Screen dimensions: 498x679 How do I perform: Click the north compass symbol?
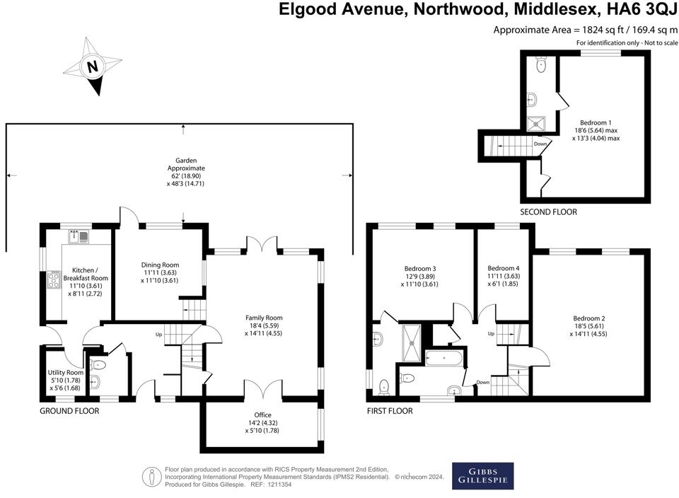coord(91,67)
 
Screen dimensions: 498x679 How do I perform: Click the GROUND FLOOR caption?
coord(69,410)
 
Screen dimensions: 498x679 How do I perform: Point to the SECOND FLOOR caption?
coord(548,212)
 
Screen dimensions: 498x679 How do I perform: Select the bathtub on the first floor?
coord(444,358)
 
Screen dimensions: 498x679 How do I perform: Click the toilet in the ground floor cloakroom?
coord(99,365)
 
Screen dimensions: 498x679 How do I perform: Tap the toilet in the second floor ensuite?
coord(541,64)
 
